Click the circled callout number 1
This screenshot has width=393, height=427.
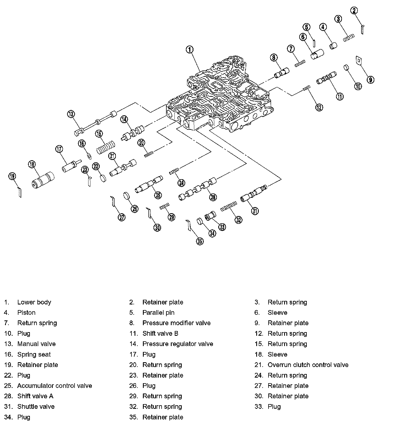pyautogui.click(x=190, y=50)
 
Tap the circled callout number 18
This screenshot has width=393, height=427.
pyautogui.click(x=32, y=164)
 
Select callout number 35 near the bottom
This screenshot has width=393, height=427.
pyautogui.click(x=200, y=241)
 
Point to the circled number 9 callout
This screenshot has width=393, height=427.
pyautogui.click(x=370, y=80)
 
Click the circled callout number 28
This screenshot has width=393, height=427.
pyautogui.click(x=213, y=197)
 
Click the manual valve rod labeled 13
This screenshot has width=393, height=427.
pyautogui.click(x=95, y=123)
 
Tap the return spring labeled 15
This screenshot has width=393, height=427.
pyautogui.click(x=106, y=147)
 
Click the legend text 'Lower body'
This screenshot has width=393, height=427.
pyautogui.click(x=34, y=302)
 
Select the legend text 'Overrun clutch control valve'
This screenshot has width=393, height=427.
pyautogui.click(x=308, y=365)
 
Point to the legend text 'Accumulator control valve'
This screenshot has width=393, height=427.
pyautogui.click(x=54, y=386)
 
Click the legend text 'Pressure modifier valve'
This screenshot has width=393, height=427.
pyautogui.click(x=176, y=323)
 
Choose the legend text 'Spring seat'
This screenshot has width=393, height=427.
pyautogui.click(x=34, y=354)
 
